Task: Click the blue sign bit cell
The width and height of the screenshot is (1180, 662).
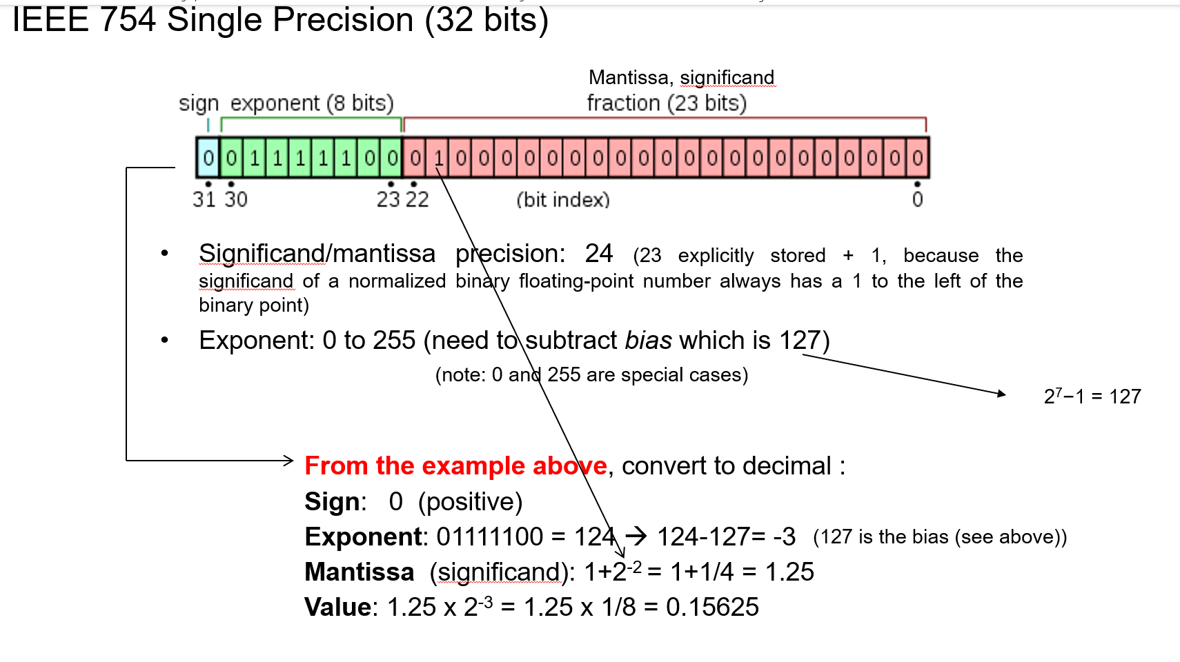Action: (208, 158)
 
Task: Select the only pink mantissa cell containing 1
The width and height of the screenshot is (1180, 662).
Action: (438, 158)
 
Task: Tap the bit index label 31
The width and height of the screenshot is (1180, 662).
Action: (204, 199)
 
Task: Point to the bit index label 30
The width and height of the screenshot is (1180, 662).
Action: (235, 199)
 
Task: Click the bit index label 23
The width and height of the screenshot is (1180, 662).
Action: (388, 199)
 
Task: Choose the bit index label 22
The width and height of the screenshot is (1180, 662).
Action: (417, 199)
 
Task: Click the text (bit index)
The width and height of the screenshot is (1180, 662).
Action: (563, 200)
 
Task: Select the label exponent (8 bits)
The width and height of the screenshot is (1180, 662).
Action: (312, 103)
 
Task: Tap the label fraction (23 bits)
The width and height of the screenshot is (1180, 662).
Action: (667, 103)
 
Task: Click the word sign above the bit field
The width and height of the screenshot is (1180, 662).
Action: (199, 103)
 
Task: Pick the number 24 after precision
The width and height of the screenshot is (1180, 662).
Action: (598, 254)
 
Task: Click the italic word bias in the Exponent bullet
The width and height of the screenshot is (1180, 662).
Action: (648, 341)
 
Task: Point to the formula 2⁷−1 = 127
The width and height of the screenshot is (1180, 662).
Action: (1092, 397)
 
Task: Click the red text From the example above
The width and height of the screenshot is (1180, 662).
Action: (455, 466)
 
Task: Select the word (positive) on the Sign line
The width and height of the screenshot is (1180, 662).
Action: (470, 502)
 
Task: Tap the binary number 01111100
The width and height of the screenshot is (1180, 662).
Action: (490, 536)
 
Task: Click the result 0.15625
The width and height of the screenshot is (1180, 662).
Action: (712, 607)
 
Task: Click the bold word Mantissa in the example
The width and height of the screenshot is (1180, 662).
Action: (359, 572)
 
